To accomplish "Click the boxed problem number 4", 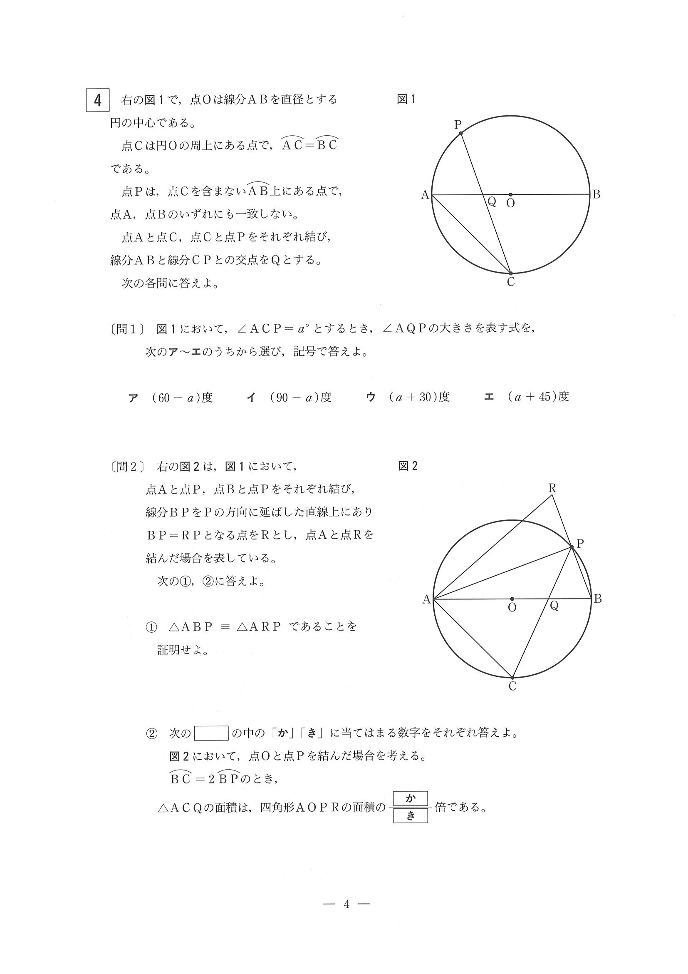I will pos(98,100).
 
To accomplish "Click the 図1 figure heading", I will pos(406,99).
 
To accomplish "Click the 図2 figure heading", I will pos(408,466).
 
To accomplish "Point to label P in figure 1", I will pos(458,125).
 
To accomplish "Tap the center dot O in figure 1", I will pos(510,195).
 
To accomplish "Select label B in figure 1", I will pos(596,195).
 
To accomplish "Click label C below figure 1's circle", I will pos(511,282).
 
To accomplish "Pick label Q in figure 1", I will pos(492,201).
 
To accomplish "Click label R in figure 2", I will pos(552,488).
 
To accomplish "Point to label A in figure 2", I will pos(426,599).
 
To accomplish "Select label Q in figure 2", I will pos(554,606).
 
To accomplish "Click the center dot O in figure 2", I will pos(512,599).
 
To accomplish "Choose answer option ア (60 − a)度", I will pos(171,398).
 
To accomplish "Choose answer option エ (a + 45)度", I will pos(527,397).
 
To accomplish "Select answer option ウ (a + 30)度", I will pos(407,397).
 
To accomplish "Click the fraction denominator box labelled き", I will pos(410,815).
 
